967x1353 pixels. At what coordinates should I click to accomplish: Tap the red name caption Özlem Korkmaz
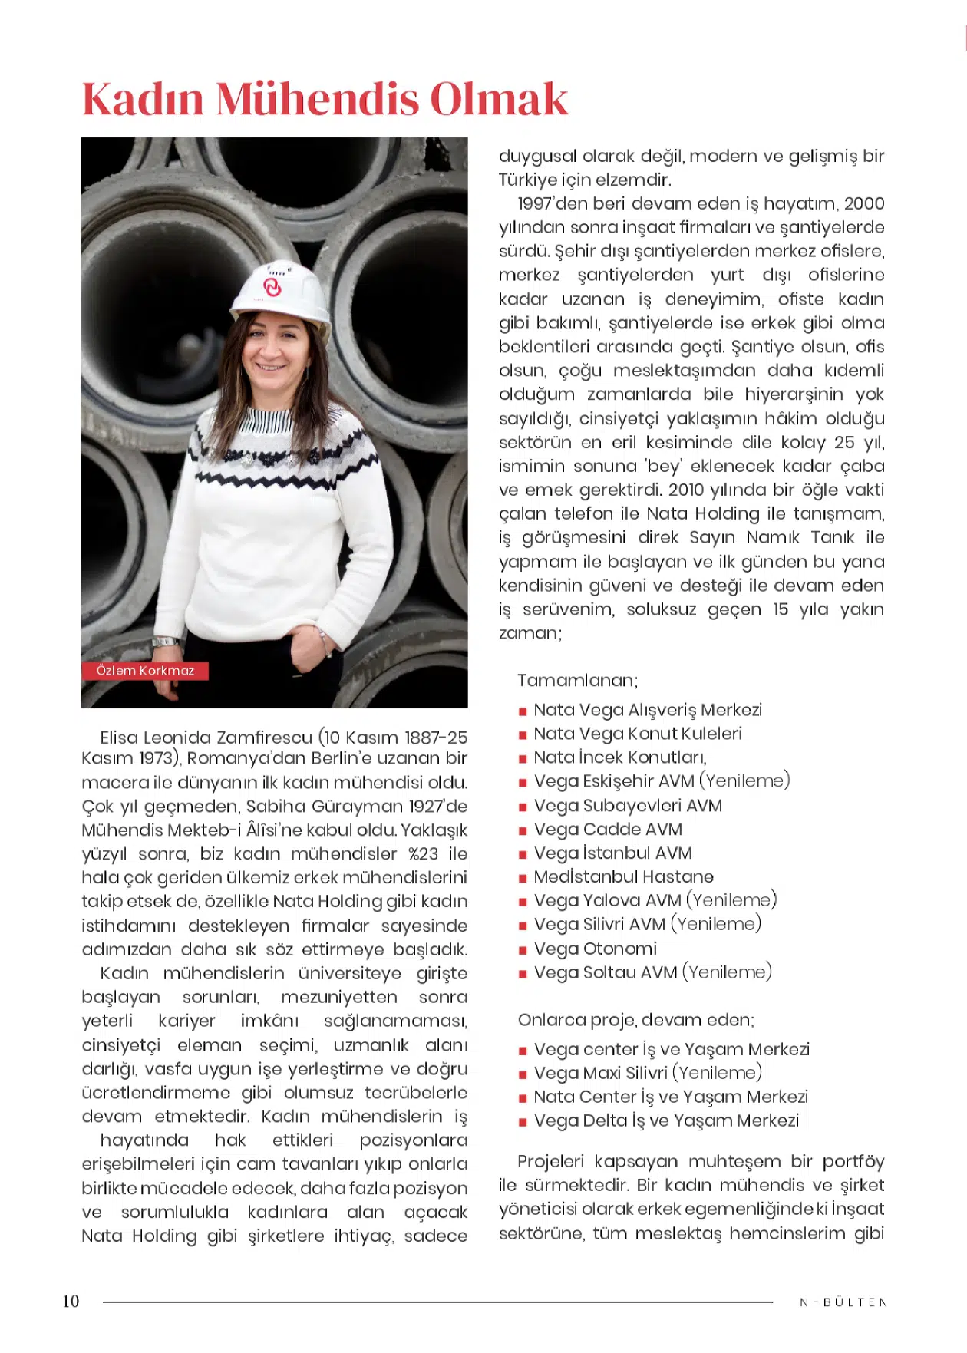click(x=145, y=671)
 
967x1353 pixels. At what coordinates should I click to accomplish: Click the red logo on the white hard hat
click(x=272, y=287)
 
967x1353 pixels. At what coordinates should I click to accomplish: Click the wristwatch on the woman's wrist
click(x=166, y=642)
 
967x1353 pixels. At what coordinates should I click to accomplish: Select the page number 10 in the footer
click(x=71, y=1301)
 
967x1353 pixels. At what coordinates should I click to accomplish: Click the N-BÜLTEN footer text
click(x=843, y=1302)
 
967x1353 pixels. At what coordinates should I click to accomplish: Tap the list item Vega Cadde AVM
click(x=608, y=830)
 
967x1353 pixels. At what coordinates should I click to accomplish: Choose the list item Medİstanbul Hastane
click(x=623, y=877)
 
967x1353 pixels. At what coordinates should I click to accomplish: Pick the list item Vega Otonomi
click(x=596, y=949)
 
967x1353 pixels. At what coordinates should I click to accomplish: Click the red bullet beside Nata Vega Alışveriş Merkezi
click(x=523, y=711)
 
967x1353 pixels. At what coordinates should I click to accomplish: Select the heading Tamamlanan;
click(x=577, y=681)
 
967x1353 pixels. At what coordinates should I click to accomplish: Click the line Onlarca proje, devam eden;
click(x=636, y=1020)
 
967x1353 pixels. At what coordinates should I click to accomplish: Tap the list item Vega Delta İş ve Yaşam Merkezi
click(x=666, y=1121)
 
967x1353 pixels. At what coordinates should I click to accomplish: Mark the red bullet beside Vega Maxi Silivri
click(x=523, y=1074)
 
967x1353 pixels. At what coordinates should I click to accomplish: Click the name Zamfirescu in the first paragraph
click(x=265, y=738)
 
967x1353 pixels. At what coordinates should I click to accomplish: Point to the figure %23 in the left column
click(x=423, y=854)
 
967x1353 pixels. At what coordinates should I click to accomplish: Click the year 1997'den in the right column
click(x=551, y=204)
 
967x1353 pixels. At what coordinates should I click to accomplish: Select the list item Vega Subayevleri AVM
click(x=628, y=806)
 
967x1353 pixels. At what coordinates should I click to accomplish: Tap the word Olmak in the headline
click(x=498, y=100)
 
